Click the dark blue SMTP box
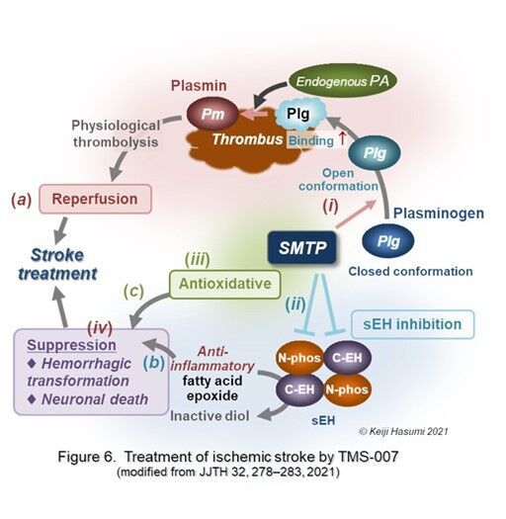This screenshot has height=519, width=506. [301, 247]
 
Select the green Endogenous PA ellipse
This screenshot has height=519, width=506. [343, 81]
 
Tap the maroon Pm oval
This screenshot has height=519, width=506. [212, 114]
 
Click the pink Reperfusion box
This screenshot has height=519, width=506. [95, 199]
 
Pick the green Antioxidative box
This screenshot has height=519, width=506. [225, 284]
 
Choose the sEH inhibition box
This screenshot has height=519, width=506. [412, 324]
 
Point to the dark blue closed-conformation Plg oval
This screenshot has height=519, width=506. [388, 241]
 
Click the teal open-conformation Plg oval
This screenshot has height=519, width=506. [375, 153]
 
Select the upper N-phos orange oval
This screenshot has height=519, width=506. [299, 358]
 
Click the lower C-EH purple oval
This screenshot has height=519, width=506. [299, 389]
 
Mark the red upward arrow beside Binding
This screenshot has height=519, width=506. [342, 138]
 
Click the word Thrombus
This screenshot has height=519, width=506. [247, 139]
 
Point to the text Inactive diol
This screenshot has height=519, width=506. [210, 416]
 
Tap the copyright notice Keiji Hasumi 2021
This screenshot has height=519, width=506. [404, 431]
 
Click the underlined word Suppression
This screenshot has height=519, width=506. [71, 345]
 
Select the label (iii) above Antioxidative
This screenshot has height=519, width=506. [198, 259]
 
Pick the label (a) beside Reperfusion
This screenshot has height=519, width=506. [22, 200]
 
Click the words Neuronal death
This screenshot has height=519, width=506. [95, 399]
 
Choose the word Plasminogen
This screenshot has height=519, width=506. [439, 214]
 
